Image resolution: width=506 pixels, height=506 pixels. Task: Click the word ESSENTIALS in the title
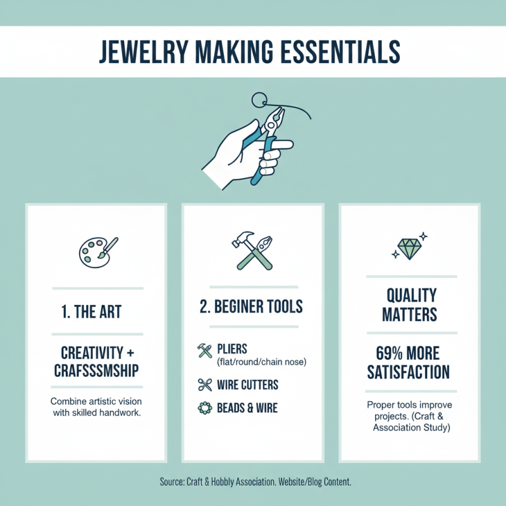336,51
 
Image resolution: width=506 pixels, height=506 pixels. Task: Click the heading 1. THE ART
92,311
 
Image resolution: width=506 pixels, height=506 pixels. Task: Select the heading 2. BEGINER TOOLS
251,307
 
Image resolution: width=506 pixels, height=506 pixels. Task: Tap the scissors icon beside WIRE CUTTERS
204,385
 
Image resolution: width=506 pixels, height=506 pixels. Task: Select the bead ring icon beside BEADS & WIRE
204,408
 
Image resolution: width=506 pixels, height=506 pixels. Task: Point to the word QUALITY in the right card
411,295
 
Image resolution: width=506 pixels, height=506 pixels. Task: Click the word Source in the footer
172,482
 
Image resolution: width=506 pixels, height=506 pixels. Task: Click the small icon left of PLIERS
204,350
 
